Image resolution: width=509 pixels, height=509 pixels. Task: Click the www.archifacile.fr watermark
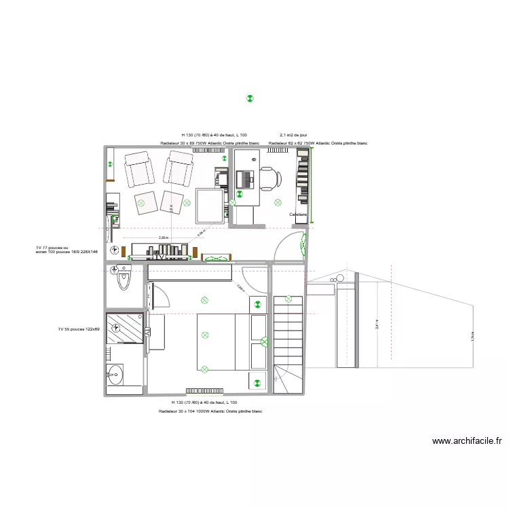(x=467, y=440)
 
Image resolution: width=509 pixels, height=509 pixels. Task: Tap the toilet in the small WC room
(x=124, y=279)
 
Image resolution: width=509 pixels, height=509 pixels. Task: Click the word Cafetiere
(x=297, y=214)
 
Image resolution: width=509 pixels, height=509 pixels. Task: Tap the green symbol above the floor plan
(x=250, y=99)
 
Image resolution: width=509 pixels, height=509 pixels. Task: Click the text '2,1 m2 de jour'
(x=293, y=135)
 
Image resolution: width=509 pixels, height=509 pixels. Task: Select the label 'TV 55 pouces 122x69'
(x=79, y=329)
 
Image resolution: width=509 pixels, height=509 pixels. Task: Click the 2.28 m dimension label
(x=163, y=238)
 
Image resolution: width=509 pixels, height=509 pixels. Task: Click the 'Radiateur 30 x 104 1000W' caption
(x=210, y=412)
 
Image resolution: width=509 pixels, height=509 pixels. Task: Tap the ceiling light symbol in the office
(x=277, y=202)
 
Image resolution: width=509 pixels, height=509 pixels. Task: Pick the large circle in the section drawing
(x=343, y=278)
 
